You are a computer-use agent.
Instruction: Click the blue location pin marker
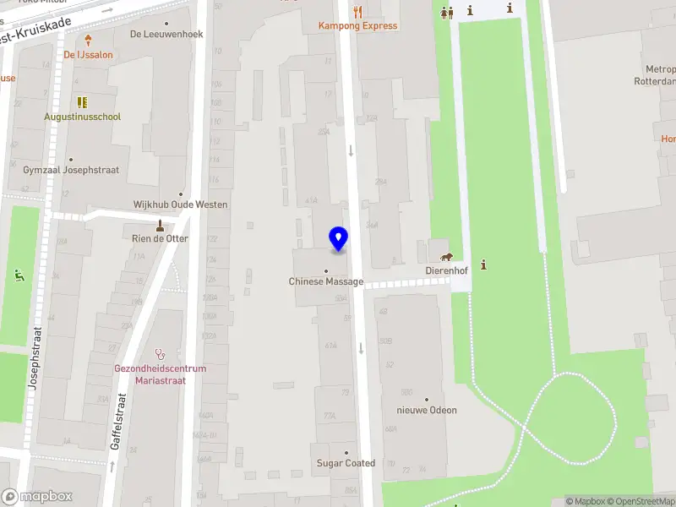[x=338, y=238]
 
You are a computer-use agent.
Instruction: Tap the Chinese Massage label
[x=326, y=281]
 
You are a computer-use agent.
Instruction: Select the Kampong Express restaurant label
[x=357, y=25]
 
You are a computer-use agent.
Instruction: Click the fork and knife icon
[x=358, y=11]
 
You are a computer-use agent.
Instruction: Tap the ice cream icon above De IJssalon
[x=88, y=40]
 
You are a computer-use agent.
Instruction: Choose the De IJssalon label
[x=88, y=55]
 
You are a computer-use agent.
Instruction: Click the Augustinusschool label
[x=83, y=117]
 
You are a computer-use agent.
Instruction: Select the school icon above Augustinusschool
[x=83, y=102]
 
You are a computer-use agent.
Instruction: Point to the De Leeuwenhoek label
[x=166, y=35]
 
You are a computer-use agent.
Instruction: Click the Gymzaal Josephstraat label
[x=71, y=170]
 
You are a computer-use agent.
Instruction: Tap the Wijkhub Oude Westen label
[x=180, y=204]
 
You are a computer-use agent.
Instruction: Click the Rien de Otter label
[x=160, y=238]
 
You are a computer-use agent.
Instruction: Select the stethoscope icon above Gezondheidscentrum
[x=161, y=354]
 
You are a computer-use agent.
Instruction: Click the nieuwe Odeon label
[x=427, y=411]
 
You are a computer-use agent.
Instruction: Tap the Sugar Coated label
[x=346, y=463]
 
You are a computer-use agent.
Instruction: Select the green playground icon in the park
[x=19, y=274]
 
